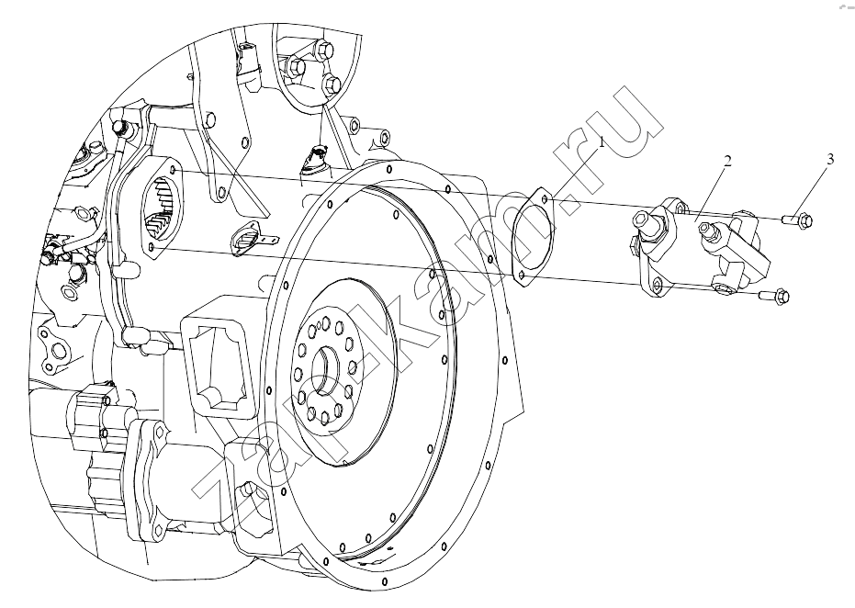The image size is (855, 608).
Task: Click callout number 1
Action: click(602, 143)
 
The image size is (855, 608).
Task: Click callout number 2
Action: click(727, 161)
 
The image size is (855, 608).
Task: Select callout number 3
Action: click(830, 159)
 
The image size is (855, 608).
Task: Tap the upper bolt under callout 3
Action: click(797, 220)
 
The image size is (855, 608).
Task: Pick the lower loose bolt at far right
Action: click(774, 296)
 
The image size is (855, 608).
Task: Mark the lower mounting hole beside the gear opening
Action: click(154, 247)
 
